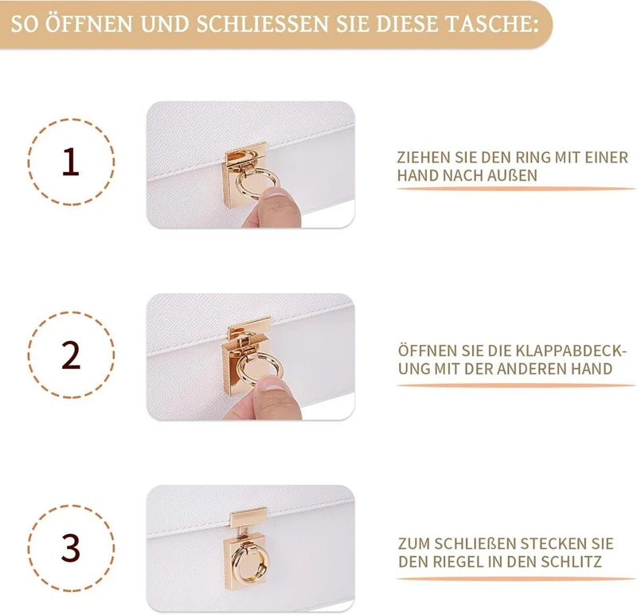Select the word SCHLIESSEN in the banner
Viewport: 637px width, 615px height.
(263, 24)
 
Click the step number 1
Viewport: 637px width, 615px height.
(71, 162)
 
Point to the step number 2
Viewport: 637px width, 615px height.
(71, 355)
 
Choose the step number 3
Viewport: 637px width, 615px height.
(71, 547)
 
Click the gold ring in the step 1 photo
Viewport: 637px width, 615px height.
(236, 183)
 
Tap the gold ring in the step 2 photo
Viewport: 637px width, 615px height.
(238, 368)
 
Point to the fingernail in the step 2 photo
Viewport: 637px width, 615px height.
(273, 383)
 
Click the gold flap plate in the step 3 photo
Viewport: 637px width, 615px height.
(248, 518)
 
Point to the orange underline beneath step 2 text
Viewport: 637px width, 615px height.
(516, 385)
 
